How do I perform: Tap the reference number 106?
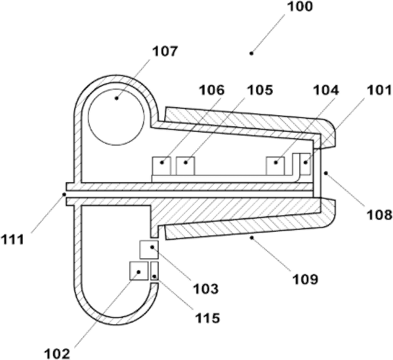211,90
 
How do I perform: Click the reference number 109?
305,279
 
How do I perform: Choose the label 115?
207,317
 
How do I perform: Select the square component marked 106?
162,166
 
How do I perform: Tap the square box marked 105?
185,166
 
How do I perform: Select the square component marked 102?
139,271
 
